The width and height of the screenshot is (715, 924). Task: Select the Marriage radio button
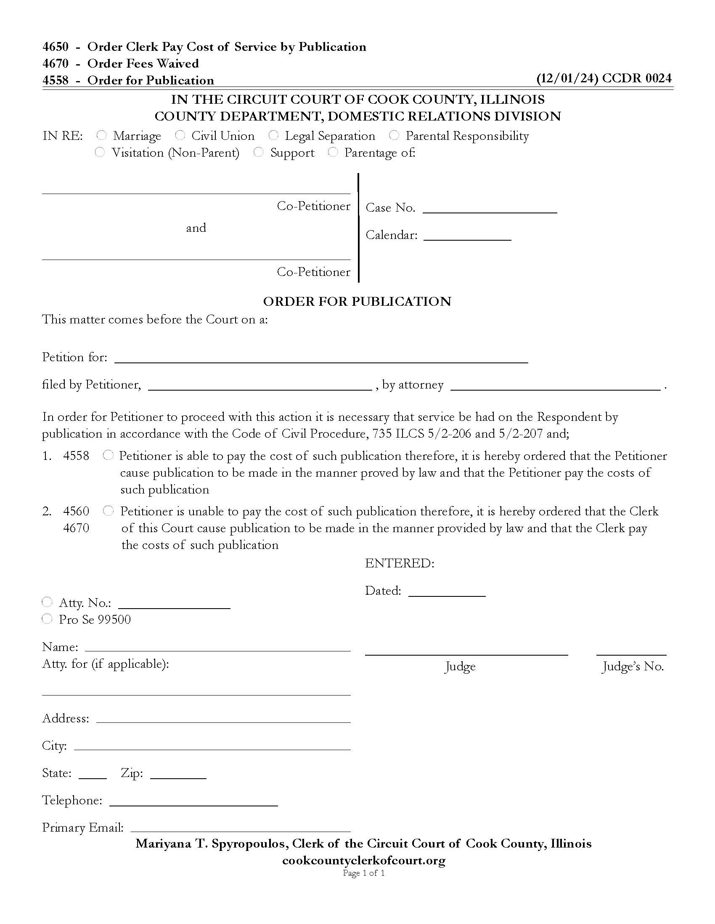click(101, 135)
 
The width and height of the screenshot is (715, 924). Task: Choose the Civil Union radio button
click(180, 135)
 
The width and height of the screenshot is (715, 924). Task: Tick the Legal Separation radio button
click(273, 135)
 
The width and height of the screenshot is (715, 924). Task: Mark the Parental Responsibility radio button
click(394, 135)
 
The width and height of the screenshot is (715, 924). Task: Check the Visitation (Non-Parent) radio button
click(100, 152)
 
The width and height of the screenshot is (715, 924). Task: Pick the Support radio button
click(258, 152)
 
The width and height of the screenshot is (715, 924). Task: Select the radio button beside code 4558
click(109, 455)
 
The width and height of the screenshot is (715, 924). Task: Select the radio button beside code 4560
click(109, 511)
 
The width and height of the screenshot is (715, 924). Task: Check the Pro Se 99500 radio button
click(47, 619)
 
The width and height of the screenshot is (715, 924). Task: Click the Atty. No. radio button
click(47, 602)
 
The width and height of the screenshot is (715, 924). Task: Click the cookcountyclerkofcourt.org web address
click(363, 860)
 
